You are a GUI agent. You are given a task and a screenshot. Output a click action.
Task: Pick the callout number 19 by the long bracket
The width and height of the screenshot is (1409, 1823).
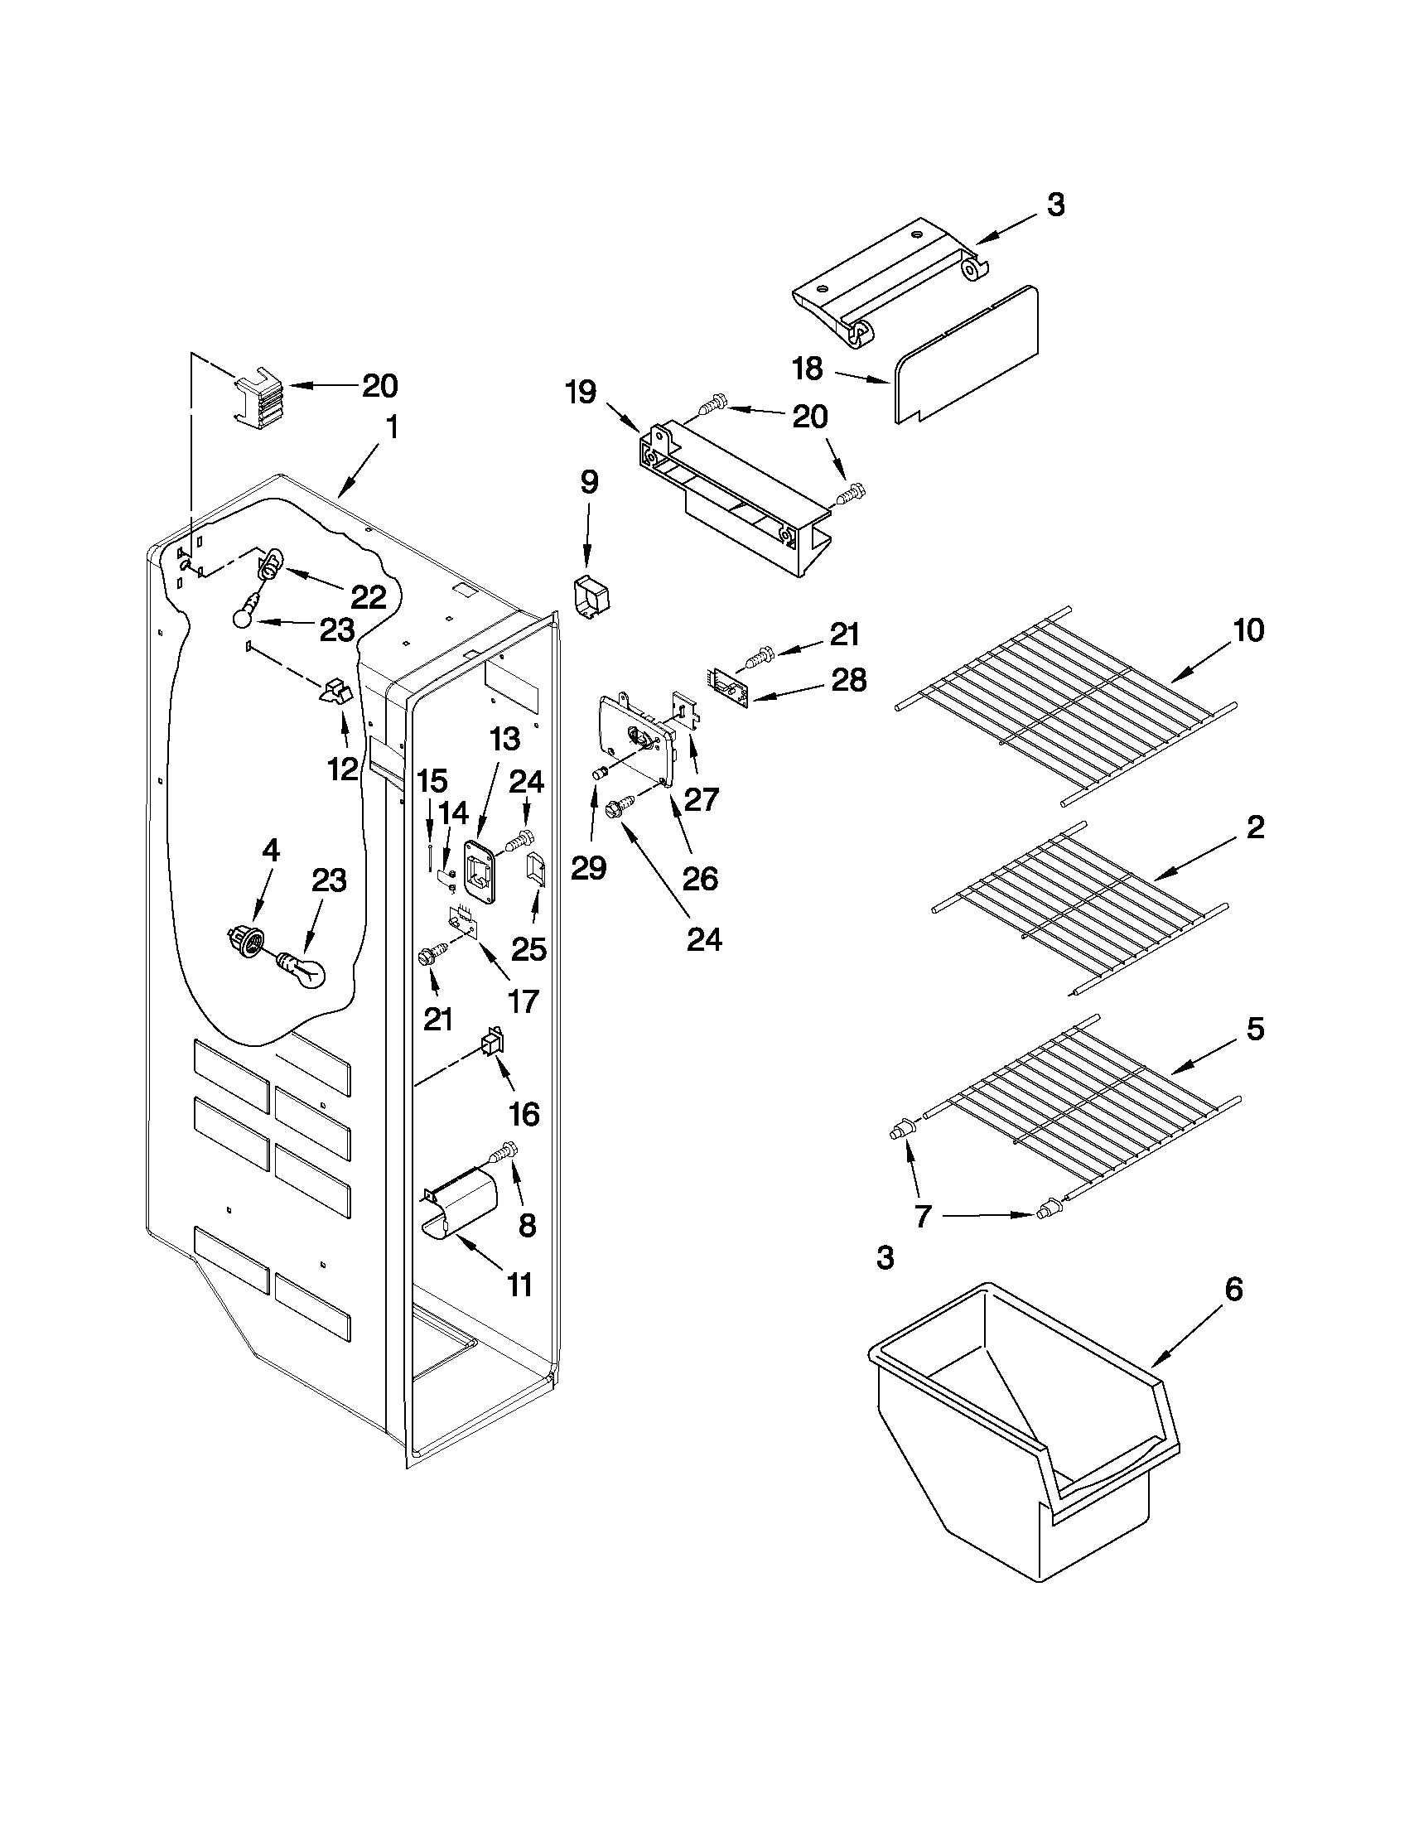coord(581,392)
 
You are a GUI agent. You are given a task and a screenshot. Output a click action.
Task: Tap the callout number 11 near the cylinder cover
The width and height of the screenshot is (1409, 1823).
coord(520,1285)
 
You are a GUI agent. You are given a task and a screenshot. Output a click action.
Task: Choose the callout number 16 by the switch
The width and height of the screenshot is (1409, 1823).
coord(524,1113)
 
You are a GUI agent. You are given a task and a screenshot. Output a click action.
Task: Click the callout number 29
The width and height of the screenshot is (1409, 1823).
coord(588,869)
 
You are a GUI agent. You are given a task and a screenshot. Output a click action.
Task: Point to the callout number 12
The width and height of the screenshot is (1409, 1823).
coord(343,769)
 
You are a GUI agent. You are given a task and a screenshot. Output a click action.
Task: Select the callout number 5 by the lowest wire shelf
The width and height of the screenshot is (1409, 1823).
coord(1256,1029)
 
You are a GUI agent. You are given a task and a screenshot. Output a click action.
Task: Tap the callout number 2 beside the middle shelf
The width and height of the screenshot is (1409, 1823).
coord(1256,827)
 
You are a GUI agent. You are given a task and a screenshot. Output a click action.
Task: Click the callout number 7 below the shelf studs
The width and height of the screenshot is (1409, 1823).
coord(923,1216)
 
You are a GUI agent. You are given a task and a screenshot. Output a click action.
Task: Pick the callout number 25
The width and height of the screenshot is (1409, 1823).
coord(529,949)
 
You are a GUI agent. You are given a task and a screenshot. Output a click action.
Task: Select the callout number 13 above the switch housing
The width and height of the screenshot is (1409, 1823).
coord(504,739)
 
